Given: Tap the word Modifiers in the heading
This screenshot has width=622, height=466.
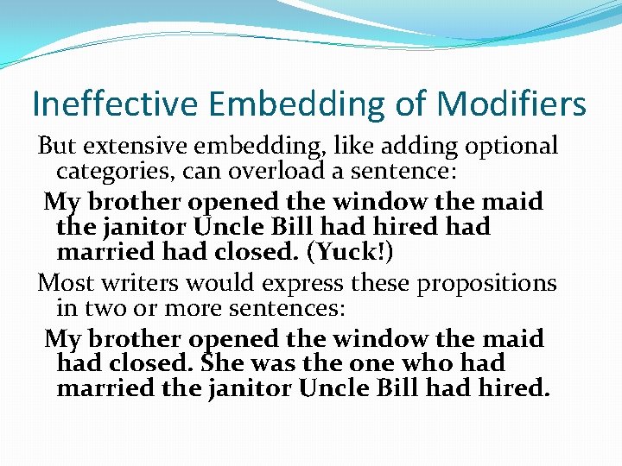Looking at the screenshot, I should [511, 104].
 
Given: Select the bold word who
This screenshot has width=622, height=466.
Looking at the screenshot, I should [422, 363].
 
